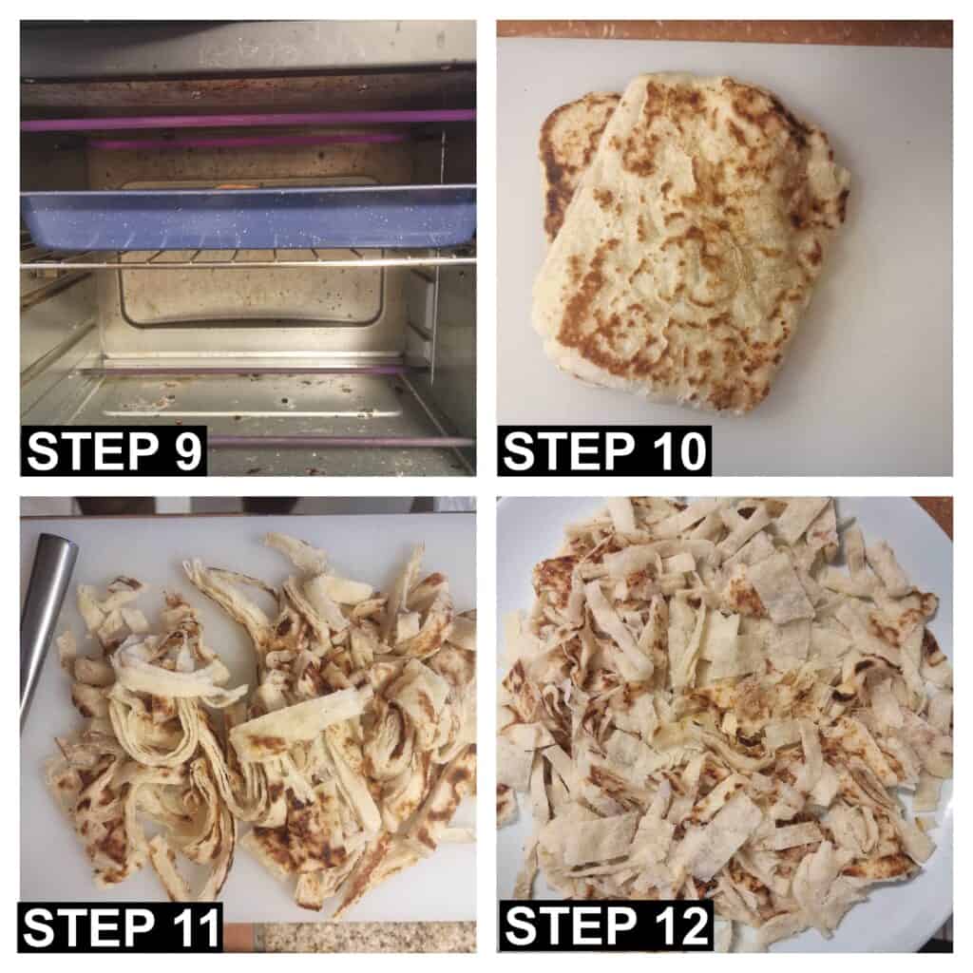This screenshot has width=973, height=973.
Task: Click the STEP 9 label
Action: (114, 451)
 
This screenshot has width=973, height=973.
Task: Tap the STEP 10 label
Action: (605, 451)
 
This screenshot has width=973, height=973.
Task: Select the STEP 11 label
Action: (122, 927)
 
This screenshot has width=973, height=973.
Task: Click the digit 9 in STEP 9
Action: (187, 451)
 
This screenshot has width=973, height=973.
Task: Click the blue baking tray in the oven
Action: (248, 219)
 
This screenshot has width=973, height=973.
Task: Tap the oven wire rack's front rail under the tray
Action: (248, 263)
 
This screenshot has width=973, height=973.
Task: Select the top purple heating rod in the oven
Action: (248, 121)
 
